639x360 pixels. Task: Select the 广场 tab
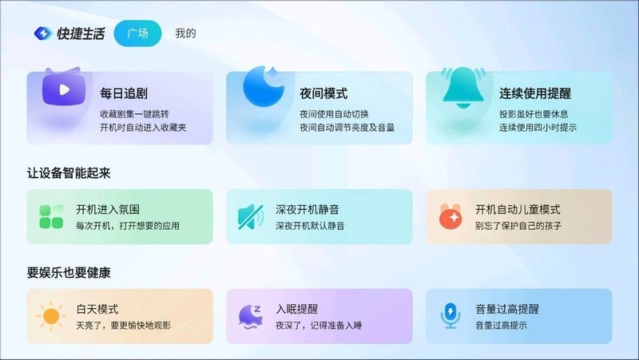138,34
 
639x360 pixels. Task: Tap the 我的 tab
185,34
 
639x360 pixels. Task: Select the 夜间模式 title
323,93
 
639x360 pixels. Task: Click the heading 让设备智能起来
68,172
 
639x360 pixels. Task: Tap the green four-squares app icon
51,216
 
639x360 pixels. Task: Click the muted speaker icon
251,216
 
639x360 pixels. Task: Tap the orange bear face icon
450,216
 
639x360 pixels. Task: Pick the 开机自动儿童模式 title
518,210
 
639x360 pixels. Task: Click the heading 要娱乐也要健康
68,272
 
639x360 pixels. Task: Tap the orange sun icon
51,316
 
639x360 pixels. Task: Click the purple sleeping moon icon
251,316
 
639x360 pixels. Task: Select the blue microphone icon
450,316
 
